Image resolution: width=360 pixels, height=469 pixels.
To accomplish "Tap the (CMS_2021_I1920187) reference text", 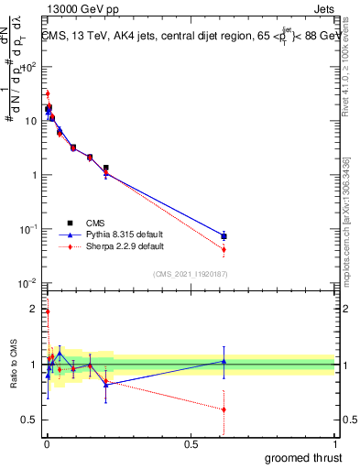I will point(191,273).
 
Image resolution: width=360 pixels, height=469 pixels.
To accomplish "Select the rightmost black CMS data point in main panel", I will point(224,236).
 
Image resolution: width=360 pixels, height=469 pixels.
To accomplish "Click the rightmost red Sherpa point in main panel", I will point(224,249).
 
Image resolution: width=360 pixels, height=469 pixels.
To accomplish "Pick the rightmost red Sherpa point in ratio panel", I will point(224,409).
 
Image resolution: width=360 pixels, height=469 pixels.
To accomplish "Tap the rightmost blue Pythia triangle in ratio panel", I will point(224,361).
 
